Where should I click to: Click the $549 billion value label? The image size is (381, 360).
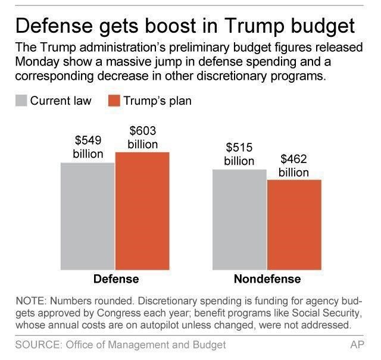click(x=88, y=148)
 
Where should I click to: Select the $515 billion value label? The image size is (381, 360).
click(x=239, y=155)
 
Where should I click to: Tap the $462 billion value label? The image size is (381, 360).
click(x=294, y=165)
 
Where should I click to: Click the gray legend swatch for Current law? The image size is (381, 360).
click(x=21, y=101)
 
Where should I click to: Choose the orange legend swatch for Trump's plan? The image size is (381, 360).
click(x=114, y=101)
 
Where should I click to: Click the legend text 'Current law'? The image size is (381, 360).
click(x=61, y=101)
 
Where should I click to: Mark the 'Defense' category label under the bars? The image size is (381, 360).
click(x=116, y=279)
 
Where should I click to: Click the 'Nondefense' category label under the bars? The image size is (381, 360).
click(x=267, y=279)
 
